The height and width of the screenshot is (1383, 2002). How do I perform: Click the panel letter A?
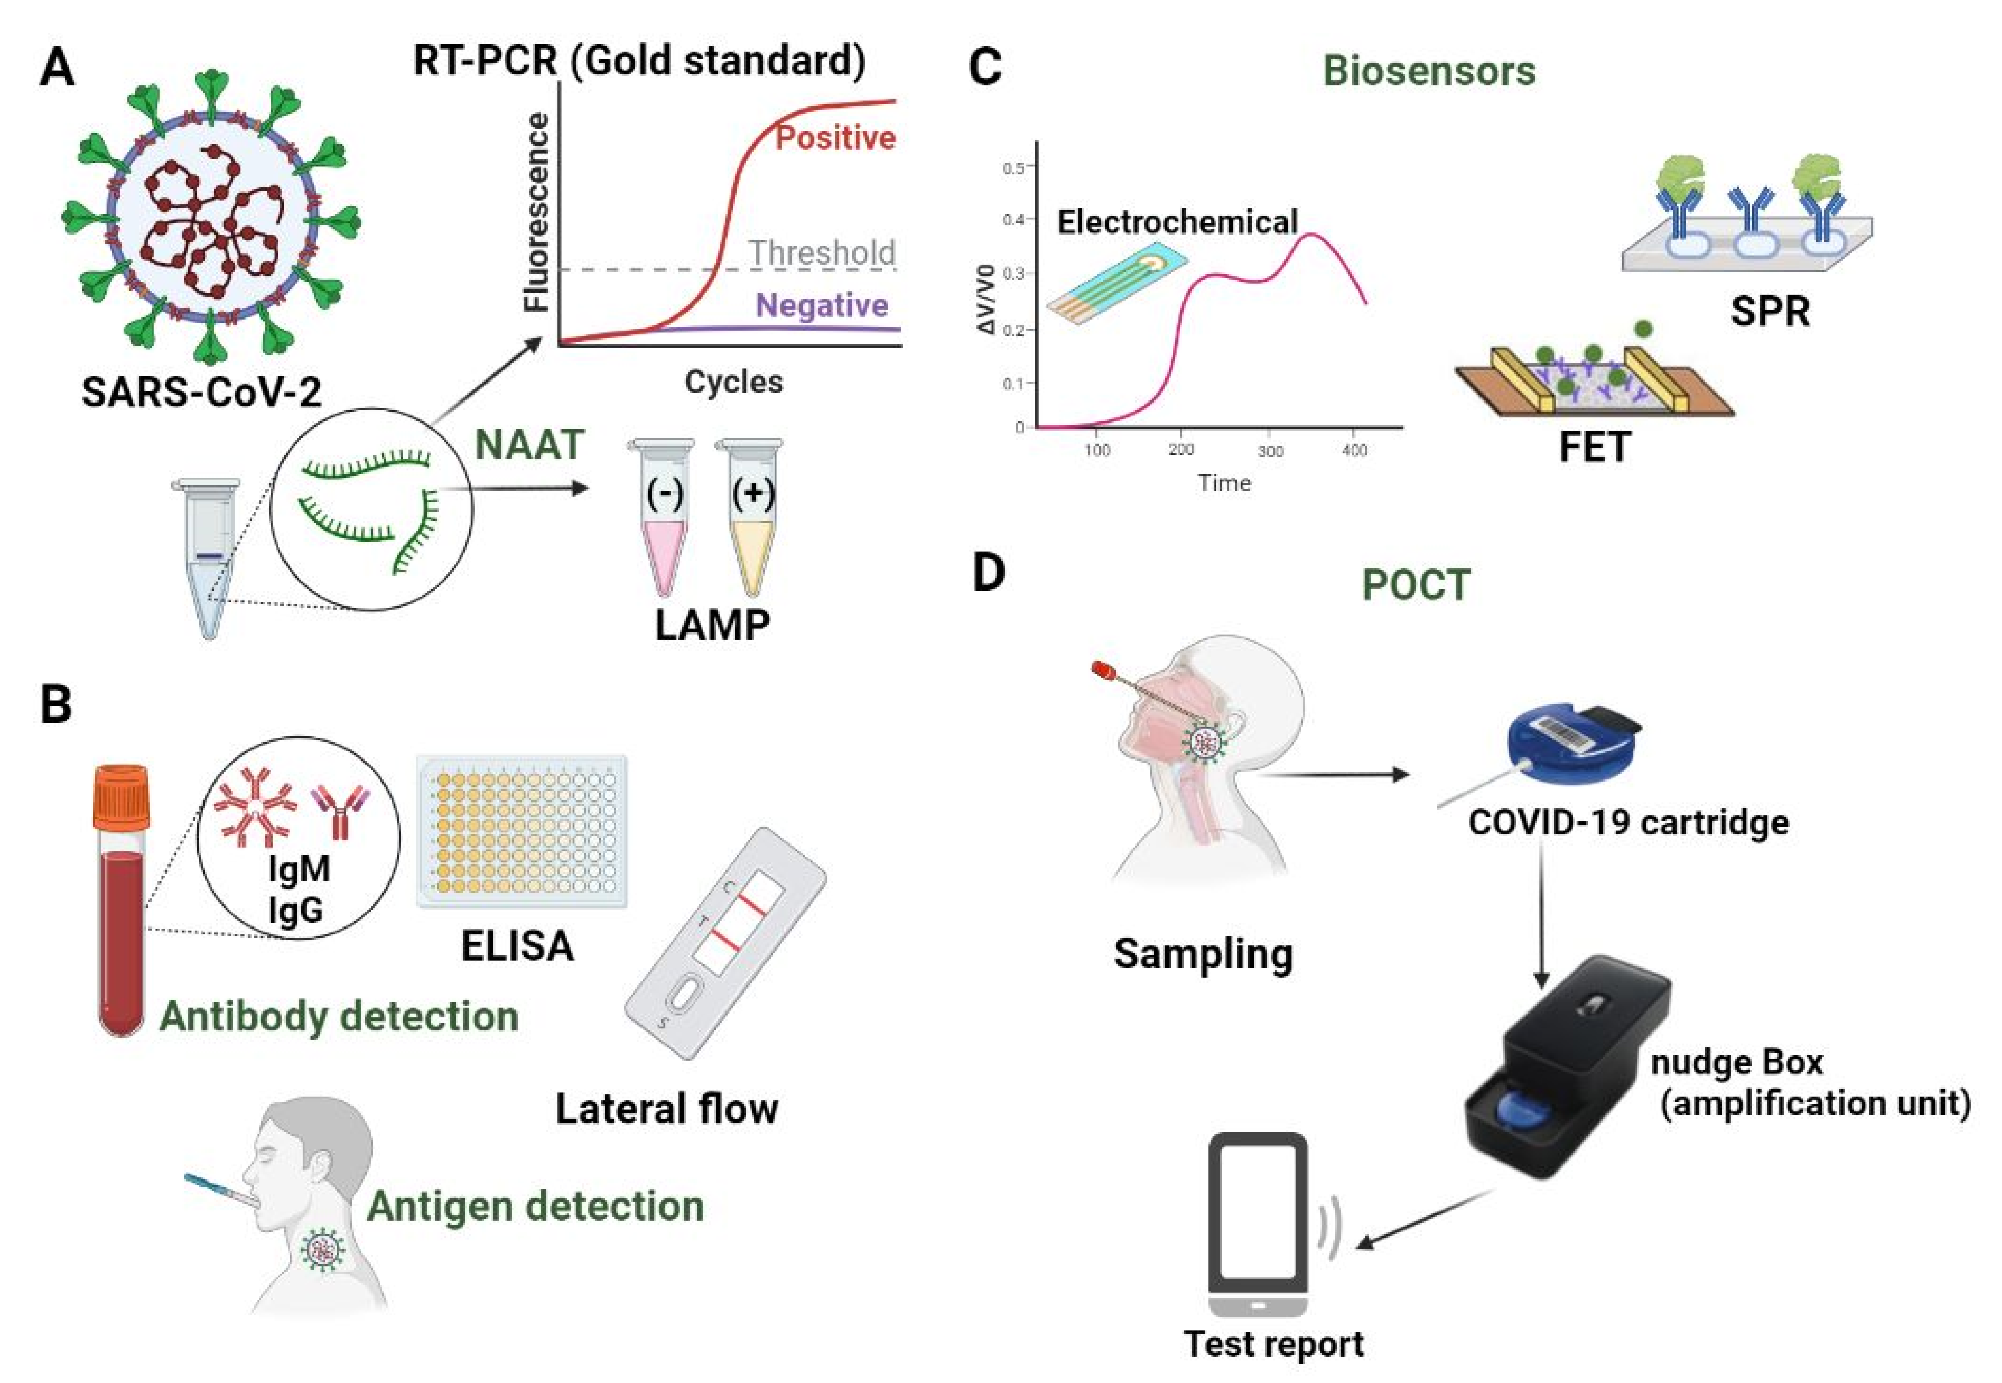(57, 68)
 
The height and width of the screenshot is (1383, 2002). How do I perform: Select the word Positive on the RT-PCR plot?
(835, 138)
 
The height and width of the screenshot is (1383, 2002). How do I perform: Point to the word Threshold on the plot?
(822, 253)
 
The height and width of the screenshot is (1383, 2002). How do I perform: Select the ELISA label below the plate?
(518, 945)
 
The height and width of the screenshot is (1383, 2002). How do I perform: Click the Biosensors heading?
(1429, 71)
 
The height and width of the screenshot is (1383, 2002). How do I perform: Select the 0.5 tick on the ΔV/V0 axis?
(1013, 167)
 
